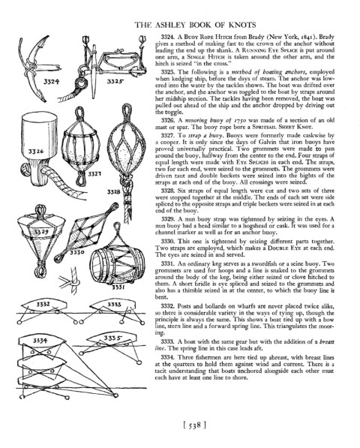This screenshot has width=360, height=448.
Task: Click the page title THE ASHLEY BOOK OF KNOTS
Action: click(195, 25)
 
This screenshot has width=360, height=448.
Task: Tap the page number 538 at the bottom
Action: click(194, 425)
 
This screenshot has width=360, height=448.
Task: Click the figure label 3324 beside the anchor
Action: click(52, 82)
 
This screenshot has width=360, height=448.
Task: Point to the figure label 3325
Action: click(115, 82)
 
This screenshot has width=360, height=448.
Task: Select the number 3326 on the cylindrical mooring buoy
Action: click(36, 151)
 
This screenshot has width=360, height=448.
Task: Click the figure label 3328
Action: click(114, 191)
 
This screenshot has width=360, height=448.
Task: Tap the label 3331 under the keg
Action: click(118, 287)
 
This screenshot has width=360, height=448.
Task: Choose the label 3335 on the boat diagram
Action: click(112, 338)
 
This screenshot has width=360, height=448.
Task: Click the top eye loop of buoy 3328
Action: click(127, 110)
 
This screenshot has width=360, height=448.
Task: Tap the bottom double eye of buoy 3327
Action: click(81, 179)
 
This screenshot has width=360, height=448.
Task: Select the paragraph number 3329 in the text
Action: click(168, 219)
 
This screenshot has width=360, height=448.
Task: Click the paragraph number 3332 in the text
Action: click(168, 306)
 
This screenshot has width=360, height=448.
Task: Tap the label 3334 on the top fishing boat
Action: click(40, 340)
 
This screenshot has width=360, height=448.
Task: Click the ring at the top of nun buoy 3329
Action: click(40, 210)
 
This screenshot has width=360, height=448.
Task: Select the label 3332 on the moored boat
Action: click(43, 304)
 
